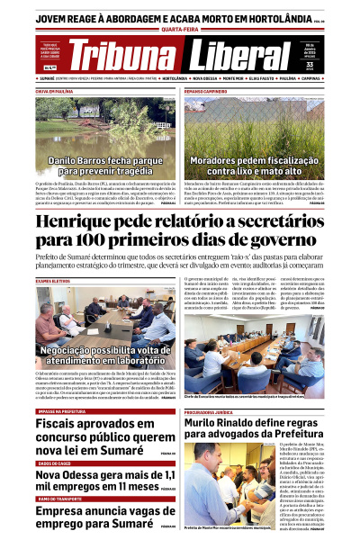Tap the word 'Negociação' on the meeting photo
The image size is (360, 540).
(80, 349)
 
